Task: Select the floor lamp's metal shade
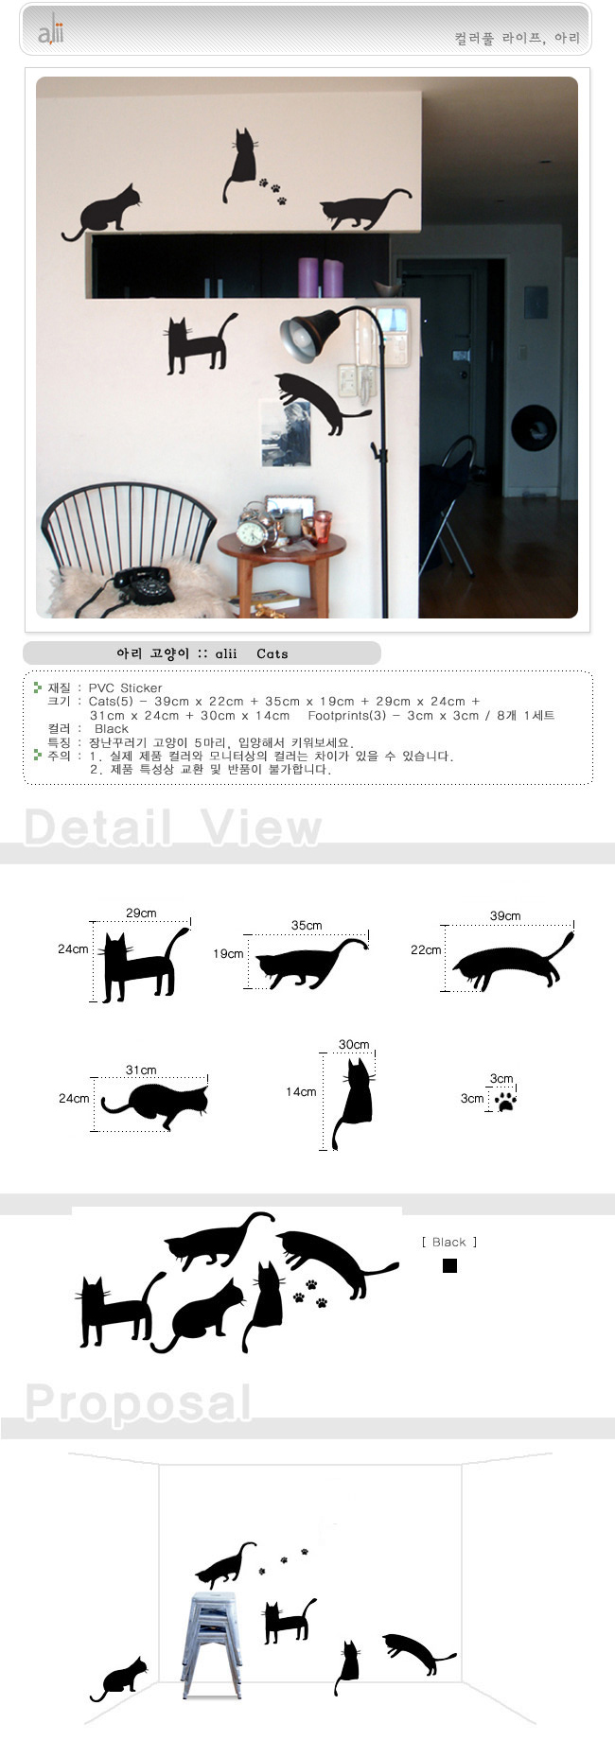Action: tap(310, 334)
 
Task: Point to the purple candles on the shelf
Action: tap(321, 278)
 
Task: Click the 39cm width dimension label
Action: tap(505, 915)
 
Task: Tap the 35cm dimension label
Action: tap(307, 925)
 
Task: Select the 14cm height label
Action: tap(301, 1091)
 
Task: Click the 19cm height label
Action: tap(228, 953)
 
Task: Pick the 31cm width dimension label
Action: tap(141, 1070)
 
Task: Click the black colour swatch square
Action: tap(450, 1265)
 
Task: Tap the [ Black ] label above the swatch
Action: tap(449, 1242)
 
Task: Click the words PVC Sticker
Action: tap(125, 687)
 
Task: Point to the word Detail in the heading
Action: tap(97, 827)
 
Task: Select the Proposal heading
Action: tap(138, 1401)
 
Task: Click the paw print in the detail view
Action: tap(506, 1101)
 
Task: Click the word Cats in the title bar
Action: tap(272, 653)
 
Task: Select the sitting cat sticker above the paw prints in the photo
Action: tap(241, 165)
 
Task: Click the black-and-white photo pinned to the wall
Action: tap(287, 432)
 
